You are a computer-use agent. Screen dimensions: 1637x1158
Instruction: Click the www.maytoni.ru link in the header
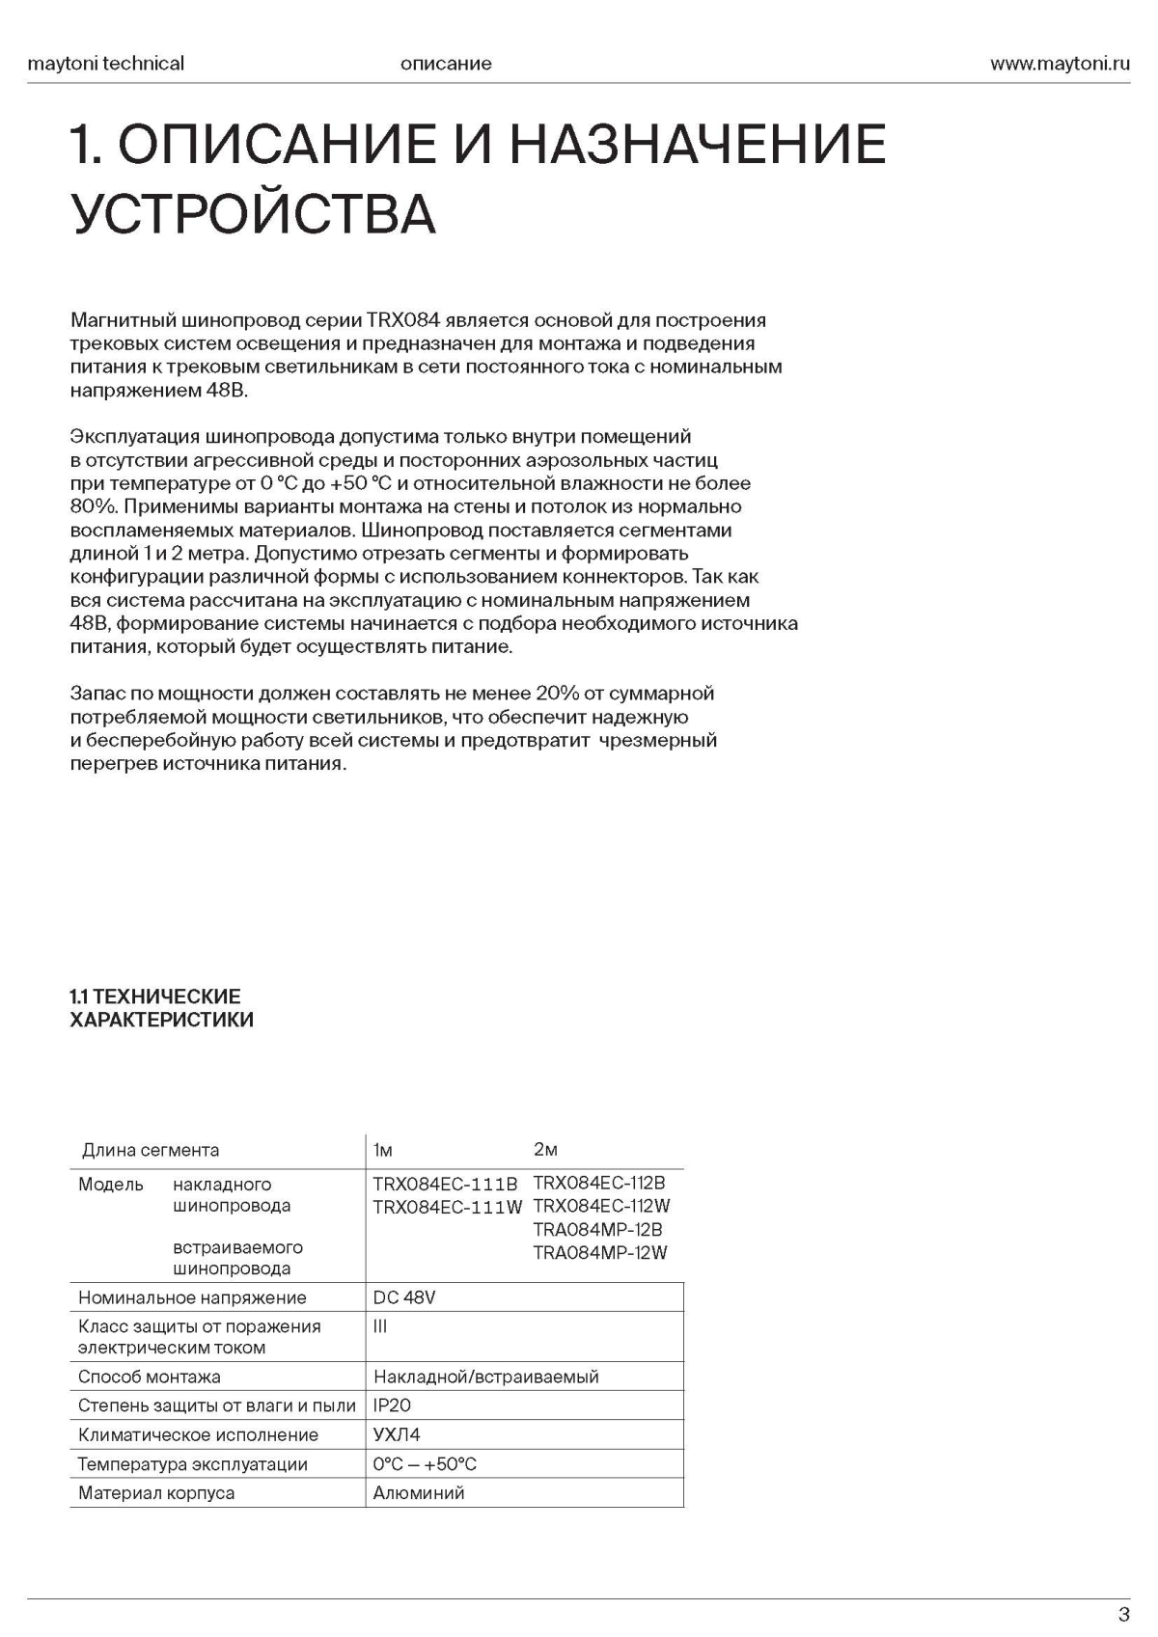pos(1059,64)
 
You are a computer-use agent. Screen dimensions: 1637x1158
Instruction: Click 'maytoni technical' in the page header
pos(106,64)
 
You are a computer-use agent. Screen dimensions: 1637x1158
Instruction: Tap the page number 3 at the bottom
pos(1123,1615)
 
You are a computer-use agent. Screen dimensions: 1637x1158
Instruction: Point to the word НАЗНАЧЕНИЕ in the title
pos(697,144)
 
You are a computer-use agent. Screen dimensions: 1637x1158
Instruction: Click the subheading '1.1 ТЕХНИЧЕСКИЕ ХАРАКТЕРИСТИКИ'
pos(161,1008)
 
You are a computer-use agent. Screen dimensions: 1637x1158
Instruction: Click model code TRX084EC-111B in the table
pos(445,1184)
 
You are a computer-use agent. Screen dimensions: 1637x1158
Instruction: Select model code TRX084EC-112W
pos(601,1206)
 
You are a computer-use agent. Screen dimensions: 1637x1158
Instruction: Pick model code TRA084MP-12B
pos(597,1229)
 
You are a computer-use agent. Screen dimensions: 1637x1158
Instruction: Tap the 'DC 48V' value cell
pos(404,1297)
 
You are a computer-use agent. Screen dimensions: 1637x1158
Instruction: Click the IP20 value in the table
pos(392,1405)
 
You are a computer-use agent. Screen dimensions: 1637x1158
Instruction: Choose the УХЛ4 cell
pos(397,1434)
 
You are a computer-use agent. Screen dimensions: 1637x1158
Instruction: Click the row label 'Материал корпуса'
pos(156,1492)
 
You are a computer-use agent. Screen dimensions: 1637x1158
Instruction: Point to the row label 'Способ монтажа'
pos(150,1377)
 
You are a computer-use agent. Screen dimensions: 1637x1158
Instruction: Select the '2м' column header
pos(545,1149)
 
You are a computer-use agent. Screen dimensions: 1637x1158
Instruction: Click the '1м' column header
pos(383,1150)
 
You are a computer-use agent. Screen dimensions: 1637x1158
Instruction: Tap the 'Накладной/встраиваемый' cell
pos(485,1377)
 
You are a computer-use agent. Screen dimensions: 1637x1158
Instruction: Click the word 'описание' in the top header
pos(445,64)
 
